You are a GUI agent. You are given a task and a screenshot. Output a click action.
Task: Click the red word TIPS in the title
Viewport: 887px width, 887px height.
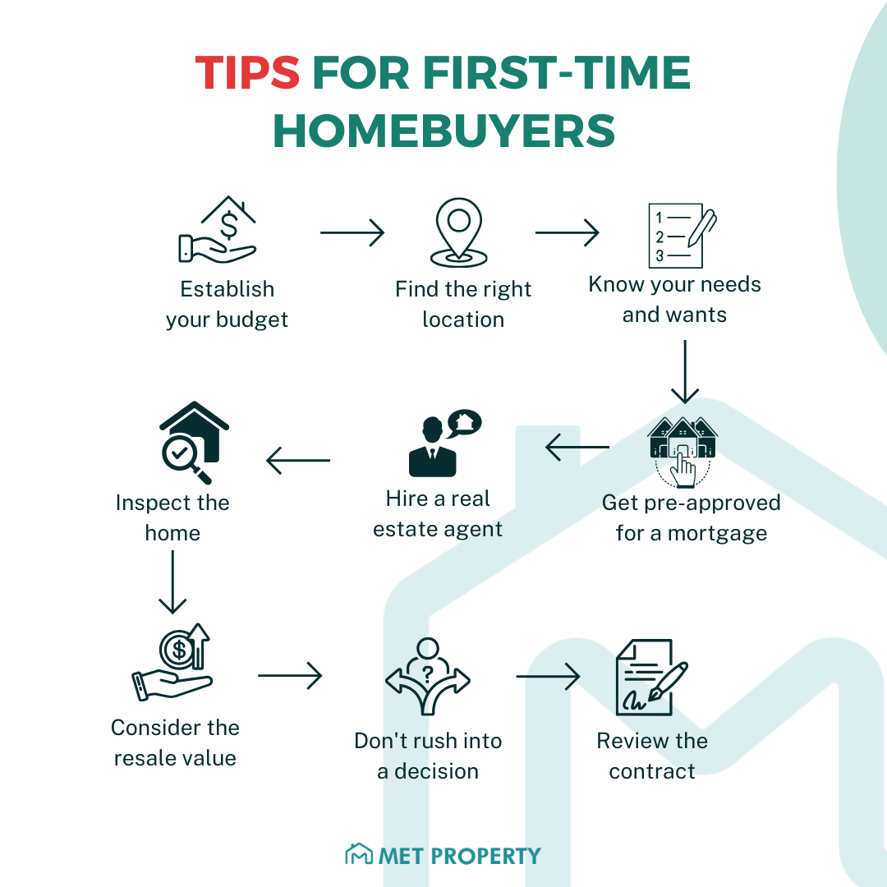pyautogui.click(x=247, y=75)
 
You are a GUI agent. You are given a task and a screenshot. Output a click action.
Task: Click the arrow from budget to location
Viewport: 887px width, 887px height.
pyautogui.click(x=352, y=232)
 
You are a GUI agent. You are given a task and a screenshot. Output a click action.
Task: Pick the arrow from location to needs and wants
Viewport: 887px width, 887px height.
pyautogui.click(x=568, y=232)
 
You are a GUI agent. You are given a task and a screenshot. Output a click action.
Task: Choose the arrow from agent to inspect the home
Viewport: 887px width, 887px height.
pyautogui.click(x=298, y=460)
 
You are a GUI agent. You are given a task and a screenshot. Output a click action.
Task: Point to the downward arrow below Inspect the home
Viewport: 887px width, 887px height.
pyautogui.click(x=172, y=582)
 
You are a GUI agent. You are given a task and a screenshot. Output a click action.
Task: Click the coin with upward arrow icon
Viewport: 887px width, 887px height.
pyautogui.click(x=175, y=661)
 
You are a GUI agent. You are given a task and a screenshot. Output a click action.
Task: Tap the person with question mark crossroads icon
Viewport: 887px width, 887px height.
pyautogui.click(x=427, y=678)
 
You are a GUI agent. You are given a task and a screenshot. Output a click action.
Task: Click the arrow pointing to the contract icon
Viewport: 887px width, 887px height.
pyautogui.click(x=548, y=677)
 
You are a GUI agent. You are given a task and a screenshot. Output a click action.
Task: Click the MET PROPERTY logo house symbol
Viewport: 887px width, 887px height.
pyautogui.click(x=358, y=855)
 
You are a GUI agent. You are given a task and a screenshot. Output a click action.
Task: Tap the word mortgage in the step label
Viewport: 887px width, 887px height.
pyautogui.click(x=716, y=533)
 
